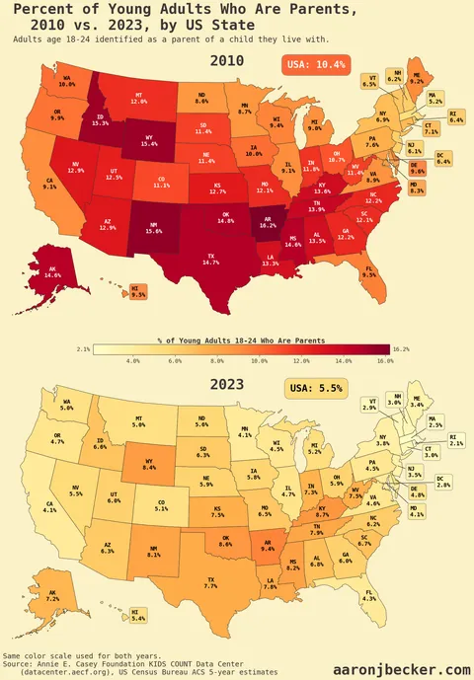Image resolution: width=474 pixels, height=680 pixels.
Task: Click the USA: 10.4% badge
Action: pos(314,64)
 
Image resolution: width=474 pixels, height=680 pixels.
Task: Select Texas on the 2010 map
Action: pos(183,259)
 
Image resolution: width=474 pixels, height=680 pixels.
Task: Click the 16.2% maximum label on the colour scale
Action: pos(400,348)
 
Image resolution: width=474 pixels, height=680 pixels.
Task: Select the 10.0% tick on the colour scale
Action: pos(260,362)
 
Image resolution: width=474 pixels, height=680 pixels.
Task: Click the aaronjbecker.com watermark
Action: pos(400,669)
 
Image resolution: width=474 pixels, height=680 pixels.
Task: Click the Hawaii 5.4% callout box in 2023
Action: pos(137,617)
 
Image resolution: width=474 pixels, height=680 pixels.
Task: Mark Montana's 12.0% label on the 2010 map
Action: pos(138,99)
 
